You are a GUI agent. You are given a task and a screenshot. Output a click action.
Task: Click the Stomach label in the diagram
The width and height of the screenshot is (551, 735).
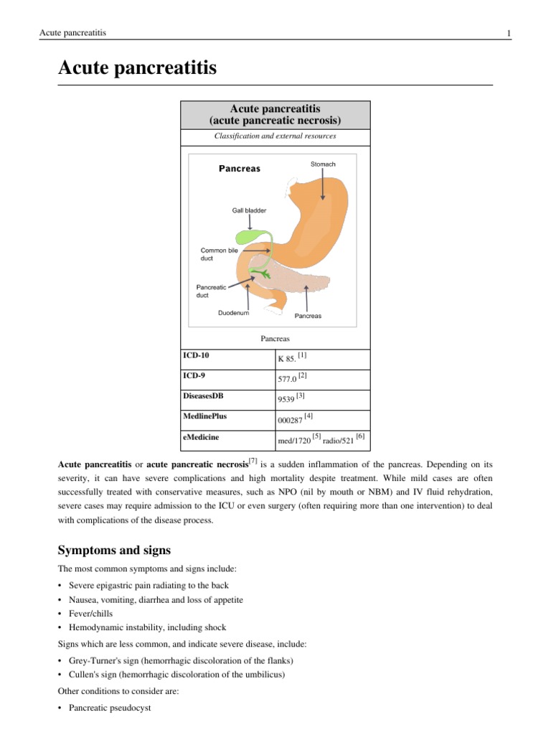[x=323, y=164]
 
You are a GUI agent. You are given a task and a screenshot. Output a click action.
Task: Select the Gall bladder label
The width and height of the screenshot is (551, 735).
[x=249, y=211]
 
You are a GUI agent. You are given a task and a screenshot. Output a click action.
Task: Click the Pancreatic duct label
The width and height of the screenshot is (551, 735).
[x=212, y=291]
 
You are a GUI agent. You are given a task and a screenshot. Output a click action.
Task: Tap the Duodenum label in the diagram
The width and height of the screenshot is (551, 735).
[x=233, y=313]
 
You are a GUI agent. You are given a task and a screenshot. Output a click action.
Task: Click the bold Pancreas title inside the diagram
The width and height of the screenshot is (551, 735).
[x=239, y=169]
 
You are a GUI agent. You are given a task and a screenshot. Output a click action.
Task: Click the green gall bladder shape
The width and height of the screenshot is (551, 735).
[x=248, y=236]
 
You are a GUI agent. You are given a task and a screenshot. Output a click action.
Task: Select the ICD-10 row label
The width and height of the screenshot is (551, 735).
[x=197, y=355]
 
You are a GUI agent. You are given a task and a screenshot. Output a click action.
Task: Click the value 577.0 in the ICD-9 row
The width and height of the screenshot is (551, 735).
[x=286, y=377]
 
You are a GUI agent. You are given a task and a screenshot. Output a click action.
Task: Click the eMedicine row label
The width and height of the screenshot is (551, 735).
[x=202, y=436]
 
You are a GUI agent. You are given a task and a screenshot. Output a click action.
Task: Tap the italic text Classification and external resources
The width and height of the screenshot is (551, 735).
[x=275, y=136]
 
